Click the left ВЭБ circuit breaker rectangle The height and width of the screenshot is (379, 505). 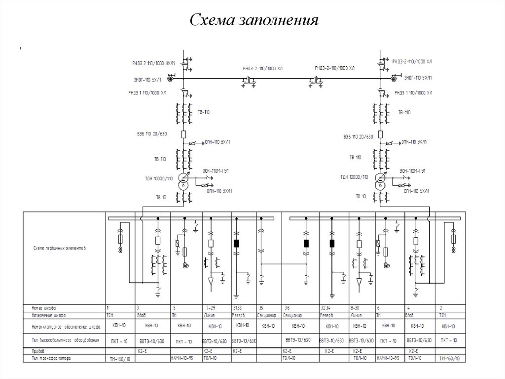pyautogui.click(x=183, y=134)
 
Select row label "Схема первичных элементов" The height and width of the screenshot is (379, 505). pyautogui.click(x=60, y=248)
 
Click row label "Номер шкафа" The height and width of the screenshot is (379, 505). pyautogui.click(x=42, y=307)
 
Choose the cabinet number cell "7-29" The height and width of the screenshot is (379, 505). pyautogui.click(x=209, y=308)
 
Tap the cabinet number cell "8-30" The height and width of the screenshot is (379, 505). pyautogui.click(x=355, y=308)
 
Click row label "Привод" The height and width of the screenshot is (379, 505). pyautogui.click(x=38, y=350)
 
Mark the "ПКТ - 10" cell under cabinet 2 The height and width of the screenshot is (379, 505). pyautogui.click(x=448, y=340)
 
